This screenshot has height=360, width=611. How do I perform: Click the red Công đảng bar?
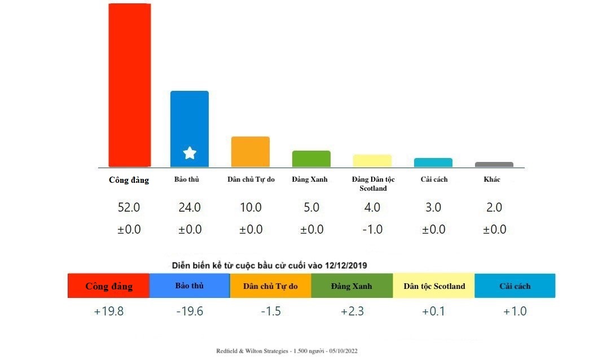coord(129,85)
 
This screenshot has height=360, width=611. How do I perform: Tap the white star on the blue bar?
coord(190,153)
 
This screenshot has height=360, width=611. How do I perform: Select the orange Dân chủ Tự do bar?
coord(250,151)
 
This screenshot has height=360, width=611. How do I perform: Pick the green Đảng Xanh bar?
coord(311,159)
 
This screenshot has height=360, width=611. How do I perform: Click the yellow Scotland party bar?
coord(372,161)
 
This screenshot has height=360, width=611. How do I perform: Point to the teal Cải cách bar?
coord(433,163)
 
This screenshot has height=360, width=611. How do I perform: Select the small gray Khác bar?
coord(494,165)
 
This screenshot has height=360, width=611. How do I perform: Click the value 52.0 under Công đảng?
coord(129,208)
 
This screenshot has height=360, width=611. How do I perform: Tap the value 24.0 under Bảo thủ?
coord(190,208)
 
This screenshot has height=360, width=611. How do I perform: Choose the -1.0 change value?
coord(372,230)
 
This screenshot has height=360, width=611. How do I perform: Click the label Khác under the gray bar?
coord(492,179)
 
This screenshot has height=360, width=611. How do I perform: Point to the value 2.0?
coord(494,208)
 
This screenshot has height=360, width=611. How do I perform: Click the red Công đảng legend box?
coord(108,286)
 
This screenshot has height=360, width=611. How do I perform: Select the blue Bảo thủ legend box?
coord(190,286)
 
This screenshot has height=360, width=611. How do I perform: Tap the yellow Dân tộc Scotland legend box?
coord(434,286)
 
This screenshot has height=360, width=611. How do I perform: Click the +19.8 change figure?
coord(108,311)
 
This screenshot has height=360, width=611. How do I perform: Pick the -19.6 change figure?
coord(190,311)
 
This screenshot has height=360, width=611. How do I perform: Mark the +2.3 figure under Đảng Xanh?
coord(352,311)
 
